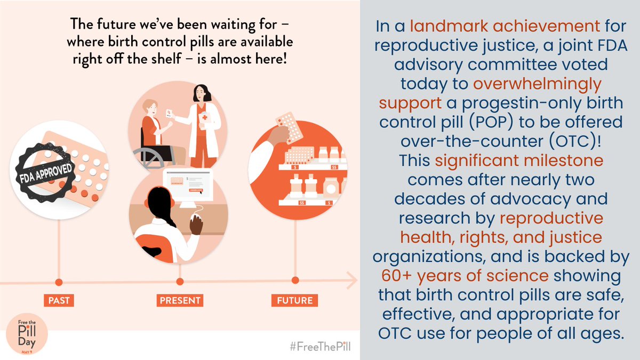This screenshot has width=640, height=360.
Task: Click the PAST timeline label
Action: (59, 300)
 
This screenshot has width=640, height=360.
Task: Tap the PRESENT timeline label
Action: (180, 300)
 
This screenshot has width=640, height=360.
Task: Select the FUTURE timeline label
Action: (294, 300)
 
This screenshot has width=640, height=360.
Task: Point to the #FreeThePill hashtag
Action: (321, 347)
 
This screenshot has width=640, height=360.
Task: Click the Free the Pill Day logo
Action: (27, 334)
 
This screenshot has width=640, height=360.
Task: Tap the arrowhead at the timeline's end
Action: (352, 280)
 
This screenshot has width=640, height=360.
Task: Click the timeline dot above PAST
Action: (59, 282)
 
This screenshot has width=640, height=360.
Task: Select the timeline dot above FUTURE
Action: (295, 281)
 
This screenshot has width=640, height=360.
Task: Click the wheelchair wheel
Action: (149, 157)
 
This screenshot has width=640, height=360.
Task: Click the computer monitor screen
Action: (188, 185)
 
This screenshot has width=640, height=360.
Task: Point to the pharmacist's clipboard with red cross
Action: (205, 117)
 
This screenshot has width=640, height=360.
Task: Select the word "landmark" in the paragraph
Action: (449, 26)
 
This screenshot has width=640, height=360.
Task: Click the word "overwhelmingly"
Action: (537, 85)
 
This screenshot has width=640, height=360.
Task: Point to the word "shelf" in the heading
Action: (166, 59)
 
